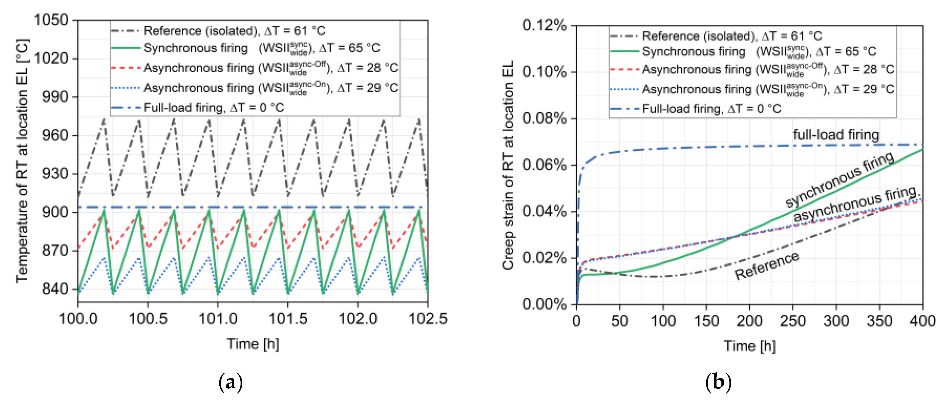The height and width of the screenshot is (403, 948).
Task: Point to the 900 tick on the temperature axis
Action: [x=55, y=212]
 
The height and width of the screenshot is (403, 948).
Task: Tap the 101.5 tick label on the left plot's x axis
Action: [x=288, y=319]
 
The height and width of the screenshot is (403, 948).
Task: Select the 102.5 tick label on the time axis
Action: [x=428, y=319]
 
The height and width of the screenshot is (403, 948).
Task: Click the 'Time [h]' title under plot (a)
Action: [x=253, y=344]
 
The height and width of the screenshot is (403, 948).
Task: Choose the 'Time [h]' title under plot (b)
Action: [x=750, y=346]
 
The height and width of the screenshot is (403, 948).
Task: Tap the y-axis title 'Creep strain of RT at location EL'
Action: [x=508, y=165]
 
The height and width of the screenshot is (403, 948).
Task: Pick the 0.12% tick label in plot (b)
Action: [x=544, y=25]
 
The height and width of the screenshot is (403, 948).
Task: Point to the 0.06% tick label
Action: [x=544, y=165]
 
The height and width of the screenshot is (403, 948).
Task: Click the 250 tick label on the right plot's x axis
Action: [x=793, y=321]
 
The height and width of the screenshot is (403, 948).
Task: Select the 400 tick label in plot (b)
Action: [x=922, y=321]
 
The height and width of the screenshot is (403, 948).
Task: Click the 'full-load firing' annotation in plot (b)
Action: [x=836, y=135]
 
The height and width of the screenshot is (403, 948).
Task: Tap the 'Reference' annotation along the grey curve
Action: [x=767, y=266]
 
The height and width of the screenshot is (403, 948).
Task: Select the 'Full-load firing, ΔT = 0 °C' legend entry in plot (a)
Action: [x=213, y=108]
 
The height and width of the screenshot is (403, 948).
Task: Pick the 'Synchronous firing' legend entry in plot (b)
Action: [x=694, y=52]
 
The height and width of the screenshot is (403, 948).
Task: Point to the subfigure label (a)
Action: [x=231, y=383]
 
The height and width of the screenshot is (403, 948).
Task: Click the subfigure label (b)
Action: [x=718, y=383]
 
